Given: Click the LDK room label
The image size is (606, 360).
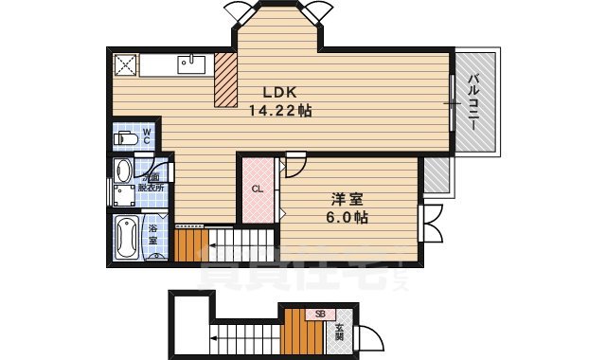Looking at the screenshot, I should coord(280,93).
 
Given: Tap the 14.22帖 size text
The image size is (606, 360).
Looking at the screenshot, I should coord(280,110).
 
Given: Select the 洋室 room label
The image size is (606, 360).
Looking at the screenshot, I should coord(347,200).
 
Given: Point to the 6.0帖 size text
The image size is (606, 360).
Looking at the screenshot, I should coord(348,217).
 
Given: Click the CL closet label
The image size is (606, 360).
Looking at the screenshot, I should coord(257,189).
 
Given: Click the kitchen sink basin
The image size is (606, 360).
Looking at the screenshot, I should coord(193,64).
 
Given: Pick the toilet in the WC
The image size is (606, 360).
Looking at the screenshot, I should coord(126,139).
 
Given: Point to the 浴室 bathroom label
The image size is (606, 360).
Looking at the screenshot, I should coord(152,233).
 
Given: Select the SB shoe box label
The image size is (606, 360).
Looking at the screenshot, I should coord(320,315).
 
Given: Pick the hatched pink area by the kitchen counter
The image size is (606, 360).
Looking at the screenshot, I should coord(226,80).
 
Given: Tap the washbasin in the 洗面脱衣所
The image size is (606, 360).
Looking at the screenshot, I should coord(122,171).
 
